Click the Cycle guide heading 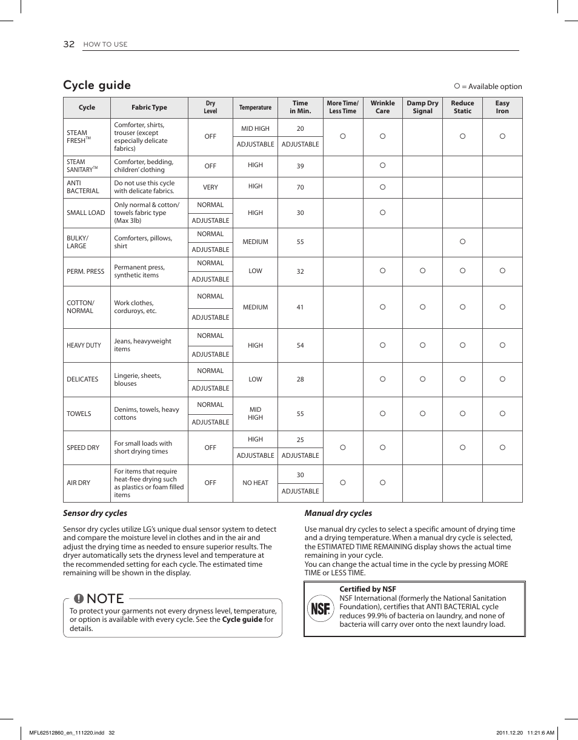97,85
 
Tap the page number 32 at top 68,44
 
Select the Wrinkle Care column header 382,107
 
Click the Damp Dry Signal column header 422,107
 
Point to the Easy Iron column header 502,107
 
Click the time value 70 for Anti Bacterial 300,188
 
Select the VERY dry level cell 210,188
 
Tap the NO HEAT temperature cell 255,483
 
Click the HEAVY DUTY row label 84,345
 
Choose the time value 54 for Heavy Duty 300,345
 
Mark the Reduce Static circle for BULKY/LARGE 462,242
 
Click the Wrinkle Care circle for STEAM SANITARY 382,165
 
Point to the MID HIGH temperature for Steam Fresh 255,128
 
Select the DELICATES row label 82,379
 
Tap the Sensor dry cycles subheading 95,513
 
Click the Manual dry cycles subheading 338,513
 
